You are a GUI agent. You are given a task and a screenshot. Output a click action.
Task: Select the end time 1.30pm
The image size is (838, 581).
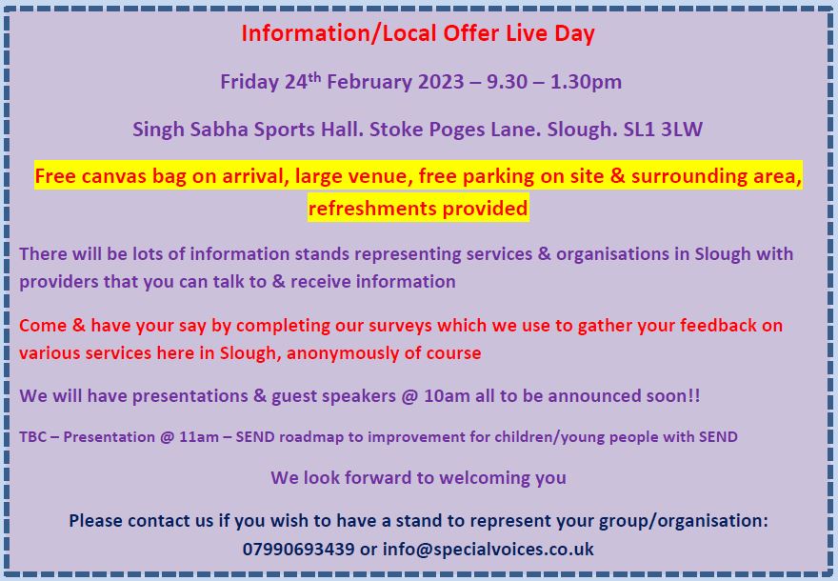586,82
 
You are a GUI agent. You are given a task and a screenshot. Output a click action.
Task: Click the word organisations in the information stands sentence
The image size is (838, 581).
612,254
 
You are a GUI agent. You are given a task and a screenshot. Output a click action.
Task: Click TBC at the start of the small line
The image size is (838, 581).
33,437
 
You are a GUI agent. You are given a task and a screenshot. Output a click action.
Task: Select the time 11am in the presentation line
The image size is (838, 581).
199,437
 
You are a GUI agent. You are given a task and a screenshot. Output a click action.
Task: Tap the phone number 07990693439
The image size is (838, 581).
298,549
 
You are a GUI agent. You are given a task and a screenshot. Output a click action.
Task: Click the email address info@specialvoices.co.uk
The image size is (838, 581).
488,549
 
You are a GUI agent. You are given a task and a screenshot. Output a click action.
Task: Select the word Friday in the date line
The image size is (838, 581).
249,82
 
